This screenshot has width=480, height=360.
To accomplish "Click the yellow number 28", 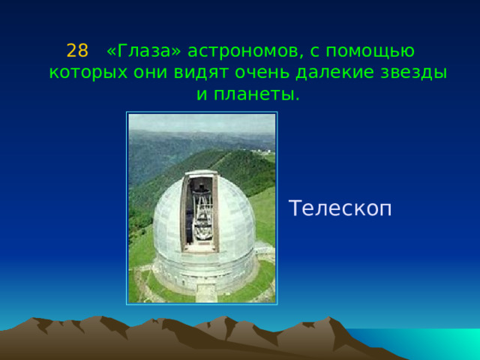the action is click(x=77, y=51).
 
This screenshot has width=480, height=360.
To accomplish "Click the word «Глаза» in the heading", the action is click(x=144, y=51).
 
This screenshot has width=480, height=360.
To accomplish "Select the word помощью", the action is click(x=370, y=52).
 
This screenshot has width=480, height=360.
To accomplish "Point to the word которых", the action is click(x=88, y=73).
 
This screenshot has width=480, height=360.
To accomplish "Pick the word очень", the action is click(x=262, y=73).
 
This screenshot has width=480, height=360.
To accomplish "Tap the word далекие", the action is click(x=334, y=73).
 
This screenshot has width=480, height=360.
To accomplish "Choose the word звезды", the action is click(x=413, y=73).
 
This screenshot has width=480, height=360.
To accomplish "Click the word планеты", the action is click(x=256, y=94).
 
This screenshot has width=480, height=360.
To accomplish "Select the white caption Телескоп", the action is click(x=340, y=208).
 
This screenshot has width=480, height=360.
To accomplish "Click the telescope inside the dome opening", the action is click(x=202, y=214).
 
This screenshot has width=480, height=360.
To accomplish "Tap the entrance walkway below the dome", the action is click(x=205, y=293).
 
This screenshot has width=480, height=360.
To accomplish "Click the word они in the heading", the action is click(x=151, y=73).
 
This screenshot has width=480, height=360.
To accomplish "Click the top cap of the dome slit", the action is click(x=201, y=173).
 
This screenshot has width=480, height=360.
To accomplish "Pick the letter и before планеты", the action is click(x=202, y=95).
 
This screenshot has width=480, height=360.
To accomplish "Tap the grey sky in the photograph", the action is click(x=202, y=122).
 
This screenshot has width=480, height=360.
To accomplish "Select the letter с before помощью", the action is click(x=314, y=52).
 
